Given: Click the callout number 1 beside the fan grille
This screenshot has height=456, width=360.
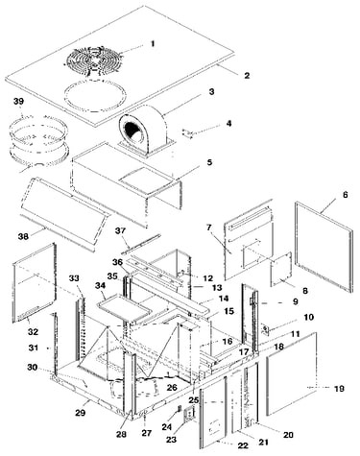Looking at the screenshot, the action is (153, 43).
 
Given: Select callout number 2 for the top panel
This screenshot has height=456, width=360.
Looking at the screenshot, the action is (247, 76).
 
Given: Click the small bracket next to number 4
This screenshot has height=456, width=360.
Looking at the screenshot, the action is (188, 133).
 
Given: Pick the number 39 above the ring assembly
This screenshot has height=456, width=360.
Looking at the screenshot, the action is (18, 102).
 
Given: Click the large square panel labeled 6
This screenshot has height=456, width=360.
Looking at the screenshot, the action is (324, 247).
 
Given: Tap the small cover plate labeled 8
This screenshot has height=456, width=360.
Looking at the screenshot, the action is (281, 270).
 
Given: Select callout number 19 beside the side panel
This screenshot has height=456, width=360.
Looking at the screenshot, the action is (339, 389).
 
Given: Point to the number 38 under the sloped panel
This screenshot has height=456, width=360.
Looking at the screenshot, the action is (23, 236).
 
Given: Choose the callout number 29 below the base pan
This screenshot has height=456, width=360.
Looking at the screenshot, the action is (80, 413).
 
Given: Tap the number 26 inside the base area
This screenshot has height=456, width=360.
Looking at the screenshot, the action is (172, 388).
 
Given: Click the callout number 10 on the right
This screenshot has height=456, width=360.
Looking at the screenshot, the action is (308, 318).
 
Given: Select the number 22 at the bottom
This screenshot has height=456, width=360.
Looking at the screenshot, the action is (243, 445).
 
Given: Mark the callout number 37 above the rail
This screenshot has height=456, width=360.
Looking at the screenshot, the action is (121, 230).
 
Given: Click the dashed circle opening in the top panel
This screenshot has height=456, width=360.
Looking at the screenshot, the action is (95, 96).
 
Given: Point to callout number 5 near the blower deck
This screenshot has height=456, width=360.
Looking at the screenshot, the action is (209, 162).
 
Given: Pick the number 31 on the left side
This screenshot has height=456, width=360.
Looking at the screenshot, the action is (34, 348).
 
